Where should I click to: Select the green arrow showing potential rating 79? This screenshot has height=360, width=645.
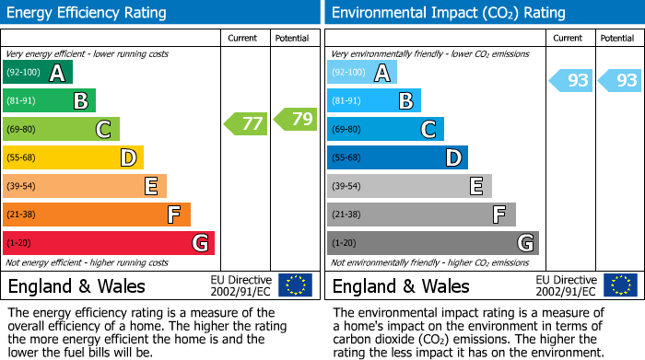(296, 119)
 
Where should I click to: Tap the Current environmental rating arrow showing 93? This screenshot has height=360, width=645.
(570, 80)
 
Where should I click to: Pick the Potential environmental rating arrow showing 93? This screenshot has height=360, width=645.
(620, 80)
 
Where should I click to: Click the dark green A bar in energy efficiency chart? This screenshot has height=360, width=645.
(38, 73)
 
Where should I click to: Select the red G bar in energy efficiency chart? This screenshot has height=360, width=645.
(109, 243)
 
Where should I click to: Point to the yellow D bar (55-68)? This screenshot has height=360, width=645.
(74, 157)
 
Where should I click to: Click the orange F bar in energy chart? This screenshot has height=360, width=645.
(97, 215)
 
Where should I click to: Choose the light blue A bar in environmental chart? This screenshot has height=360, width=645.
(362, 73)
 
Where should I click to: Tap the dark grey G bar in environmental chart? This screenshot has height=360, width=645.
(433, 243)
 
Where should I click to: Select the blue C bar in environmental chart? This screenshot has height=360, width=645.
(385, 130)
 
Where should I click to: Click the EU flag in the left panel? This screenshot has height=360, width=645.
(295, 285)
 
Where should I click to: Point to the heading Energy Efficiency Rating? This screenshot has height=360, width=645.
(88, 13)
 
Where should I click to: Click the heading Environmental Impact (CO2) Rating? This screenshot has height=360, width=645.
(449, 13)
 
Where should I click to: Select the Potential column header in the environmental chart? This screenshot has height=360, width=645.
(617, 38)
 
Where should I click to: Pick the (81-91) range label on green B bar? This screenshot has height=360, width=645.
(21, 101)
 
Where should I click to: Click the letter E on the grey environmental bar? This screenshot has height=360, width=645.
(476, 186)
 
